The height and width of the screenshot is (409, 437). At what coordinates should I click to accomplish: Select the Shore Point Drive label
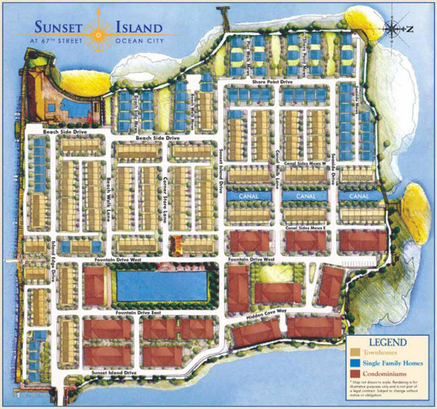[272, 82]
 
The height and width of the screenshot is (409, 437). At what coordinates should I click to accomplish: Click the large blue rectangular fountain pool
[161, 285]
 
